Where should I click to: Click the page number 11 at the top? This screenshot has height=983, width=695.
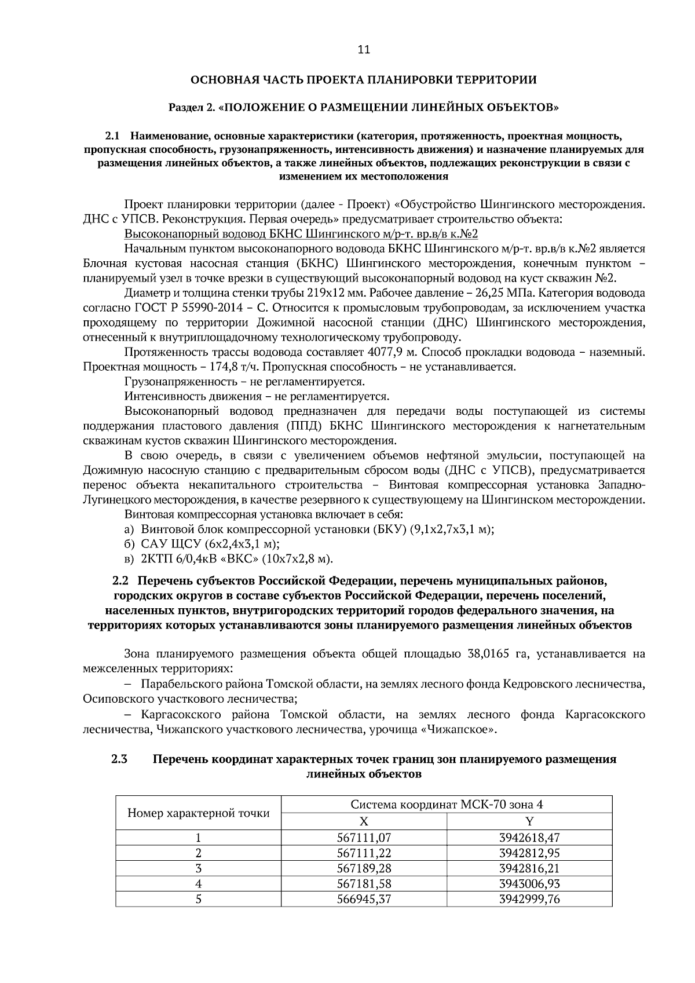coord(363,49)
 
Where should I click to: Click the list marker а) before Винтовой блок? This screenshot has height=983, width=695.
coord(130,529)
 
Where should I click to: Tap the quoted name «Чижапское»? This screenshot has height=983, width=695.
coord(461,729)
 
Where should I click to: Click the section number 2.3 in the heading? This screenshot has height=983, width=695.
coord(119,759)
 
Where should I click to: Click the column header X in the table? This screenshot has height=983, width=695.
coord(364,821)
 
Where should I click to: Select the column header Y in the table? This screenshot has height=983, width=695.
coord(529,821)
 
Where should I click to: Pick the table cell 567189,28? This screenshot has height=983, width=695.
coord(364,868)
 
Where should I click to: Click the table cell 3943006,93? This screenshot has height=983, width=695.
coord(529,883)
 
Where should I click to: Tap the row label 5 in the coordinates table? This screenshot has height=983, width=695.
coord(198,899)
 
